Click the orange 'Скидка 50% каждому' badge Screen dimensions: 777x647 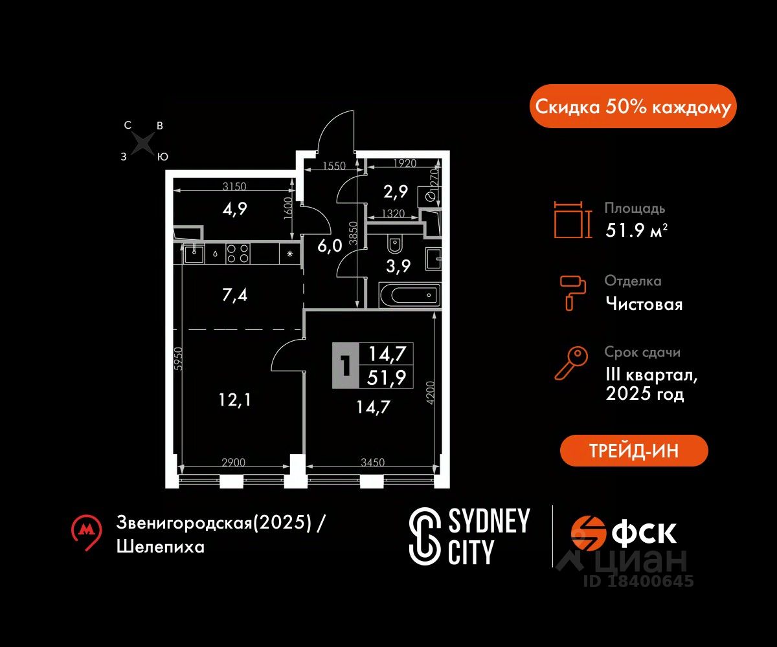click(x=633, y=106)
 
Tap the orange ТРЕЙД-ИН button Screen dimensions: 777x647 click(x=634, y=450)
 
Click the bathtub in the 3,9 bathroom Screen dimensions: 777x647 click(x=409, y=295)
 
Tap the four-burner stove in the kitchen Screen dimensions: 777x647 click(x=238, y=253)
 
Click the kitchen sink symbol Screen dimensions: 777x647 click(x=194, y=254)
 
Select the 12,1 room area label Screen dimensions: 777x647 click(x=235, y=400)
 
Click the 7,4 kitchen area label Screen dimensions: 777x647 click(x=234, y=295)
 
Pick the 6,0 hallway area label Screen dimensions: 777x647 click(x=330, y=246)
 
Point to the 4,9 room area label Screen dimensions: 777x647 click(x=234, y=208)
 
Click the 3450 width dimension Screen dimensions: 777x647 click(x=372, y=462)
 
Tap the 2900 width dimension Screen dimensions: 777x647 click(x=233, y=462)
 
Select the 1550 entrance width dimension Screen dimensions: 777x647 click(x=334, y=166)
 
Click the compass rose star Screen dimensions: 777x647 click(x=144, y=143)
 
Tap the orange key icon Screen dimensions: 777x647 click(x=571, y=363)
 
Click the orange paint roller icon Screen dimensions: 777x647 click(x=573, y=292)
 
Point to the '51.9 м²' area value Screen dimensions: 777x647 click(x=636, y=230)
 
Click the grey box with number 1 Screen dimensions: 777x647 click(x=346, y=365)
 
